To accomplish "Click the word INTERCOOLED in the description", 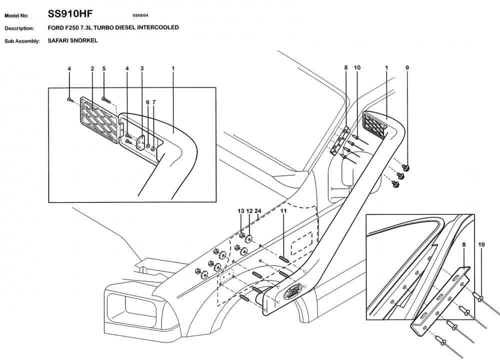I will point(159,28).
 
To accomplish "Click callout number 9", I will point(407,67).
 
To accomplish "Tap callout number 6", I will point(147,102).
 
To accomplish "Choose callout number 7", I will point(154,102).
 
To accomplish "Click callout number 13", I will point(241,211).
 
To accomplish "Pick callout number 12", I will point(249,211).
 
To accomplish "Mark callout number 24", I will point(258,211).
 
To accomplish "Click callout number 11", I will point(283,211).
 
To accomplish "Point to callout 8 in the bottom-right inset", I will point(463,245).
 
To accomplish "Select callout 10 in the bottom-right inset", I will point(481,245).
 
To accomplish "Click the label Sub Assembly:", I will point(22,41).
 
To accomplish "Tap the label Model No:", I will point(17,15).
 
